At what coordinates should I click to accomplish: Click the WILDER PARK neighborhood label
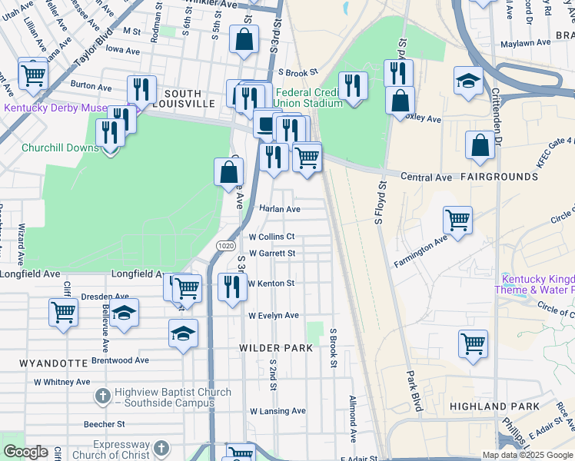click(275, 348)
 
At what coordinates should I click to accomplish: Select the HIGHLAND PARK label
click(489, 406)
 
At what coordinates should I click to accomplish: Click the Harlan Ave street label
click(279, 209)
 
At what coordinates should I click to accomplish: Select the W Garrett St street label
click(271, 253)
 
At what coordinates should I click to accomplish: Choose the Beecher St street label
click(104, 423)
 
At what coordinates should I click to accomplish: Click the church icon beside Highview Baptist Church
click(102, 397)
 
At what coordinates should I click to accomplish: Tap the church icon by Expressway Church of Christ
click(161, 448)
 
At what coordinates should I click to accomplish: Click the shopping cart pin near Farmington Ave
click(457, 219)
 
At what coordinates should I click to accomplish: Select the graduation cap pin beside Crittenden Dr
click(468, 81)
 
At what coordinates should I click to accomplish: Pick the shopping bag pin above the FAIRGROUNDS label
click(480, 145)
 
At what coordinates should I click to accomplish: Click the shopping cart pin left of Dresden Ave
click(62, 312)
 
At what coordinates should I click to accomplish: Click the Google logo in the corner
click(25, 452)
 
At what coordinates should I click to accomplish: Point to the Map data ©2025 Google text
click(527, 455)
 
